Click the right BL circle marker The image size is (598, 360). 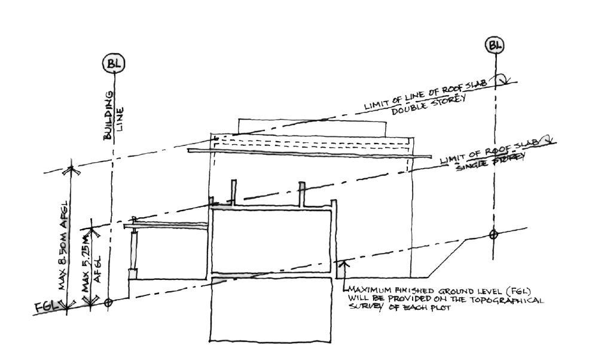[495, 44]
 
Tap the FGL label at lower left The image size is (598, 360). [46, 307]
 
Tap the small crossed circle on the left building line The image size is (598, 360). [108, 303]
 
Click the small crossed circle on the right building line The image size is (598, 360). [493, 234]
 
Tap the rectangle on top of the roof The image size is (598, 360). [312, 127]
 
